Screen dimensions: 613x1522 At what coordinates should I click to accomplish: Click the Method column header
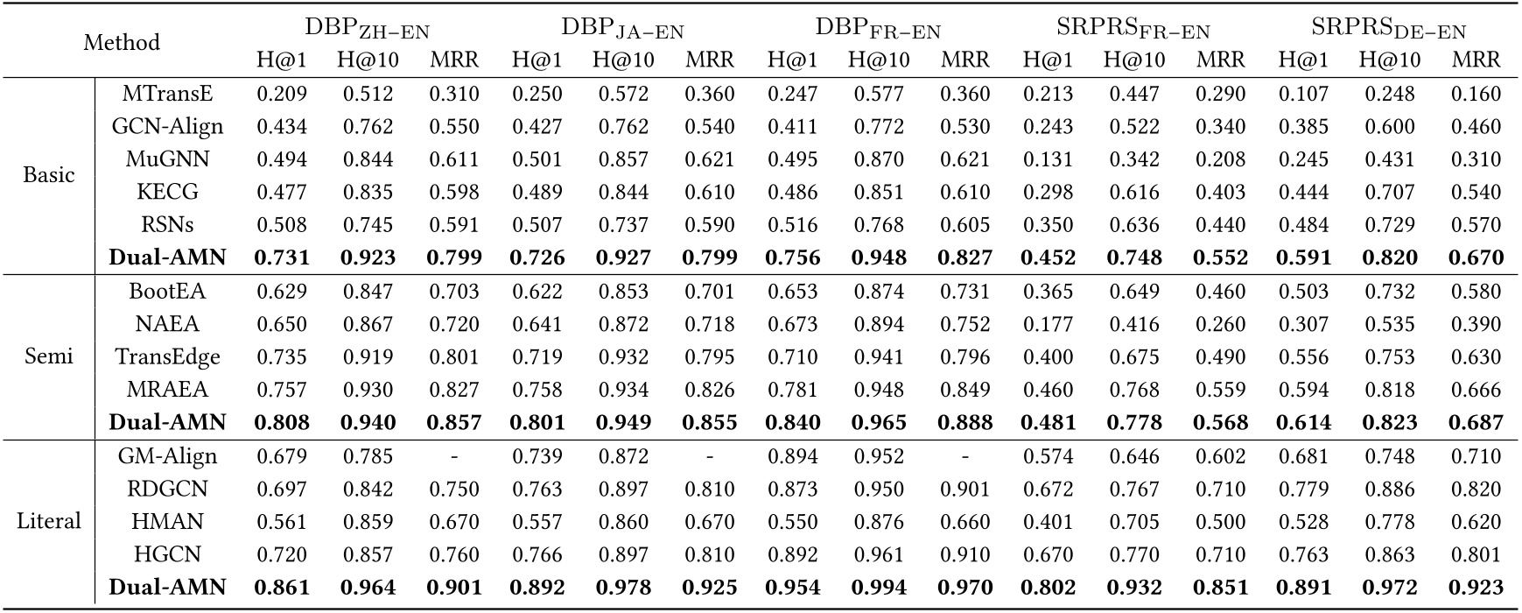point(121,42)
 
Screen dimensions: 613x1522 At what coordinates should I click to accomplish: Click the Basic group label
point(49,174)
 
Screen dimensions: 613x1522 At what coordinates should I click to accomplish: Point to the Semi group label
point(49,356)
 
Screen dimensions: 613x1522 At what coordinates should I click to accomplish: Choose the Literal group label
point(49,521)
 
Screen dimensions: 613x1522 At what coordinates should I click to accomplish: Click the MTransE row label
point(166,94)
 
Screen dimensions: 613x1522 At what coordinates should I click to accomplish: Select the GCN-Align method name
point(166,126)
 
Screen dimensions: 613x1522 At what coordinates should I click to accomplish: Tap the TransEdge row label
point(166,356)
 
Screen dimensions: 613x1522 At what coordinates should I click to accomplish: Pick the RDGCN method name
point(166,489)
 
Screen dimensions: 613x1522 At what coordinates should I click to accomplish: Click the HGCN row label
point(166,554)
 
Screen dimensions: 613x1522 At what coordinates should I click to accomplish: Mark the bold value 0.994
point(879,588)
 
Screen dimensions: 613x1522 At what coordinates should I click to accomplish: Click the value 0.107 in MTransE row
point(1303,94)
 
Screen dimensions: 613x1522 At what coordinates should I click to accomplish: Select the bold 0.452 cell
point(1048,258)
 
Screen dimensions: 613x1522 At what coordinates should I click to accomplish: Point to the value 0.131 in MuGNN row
point(1048,159)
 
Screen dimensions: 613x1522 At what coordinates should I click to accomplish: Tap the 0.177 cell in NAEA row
point(1048,324)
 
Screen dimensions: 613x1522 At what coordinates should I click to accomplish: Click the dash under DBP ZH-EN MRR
point(454,456)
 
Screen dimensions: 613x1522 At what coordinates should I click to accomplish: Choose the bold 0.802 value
point(1048,588)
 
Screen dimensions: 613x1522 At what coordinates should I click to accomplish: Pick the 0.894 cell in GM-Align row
point(793,456)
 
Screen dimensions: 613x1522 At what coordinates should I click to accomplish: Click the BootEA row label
point(166,291)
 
